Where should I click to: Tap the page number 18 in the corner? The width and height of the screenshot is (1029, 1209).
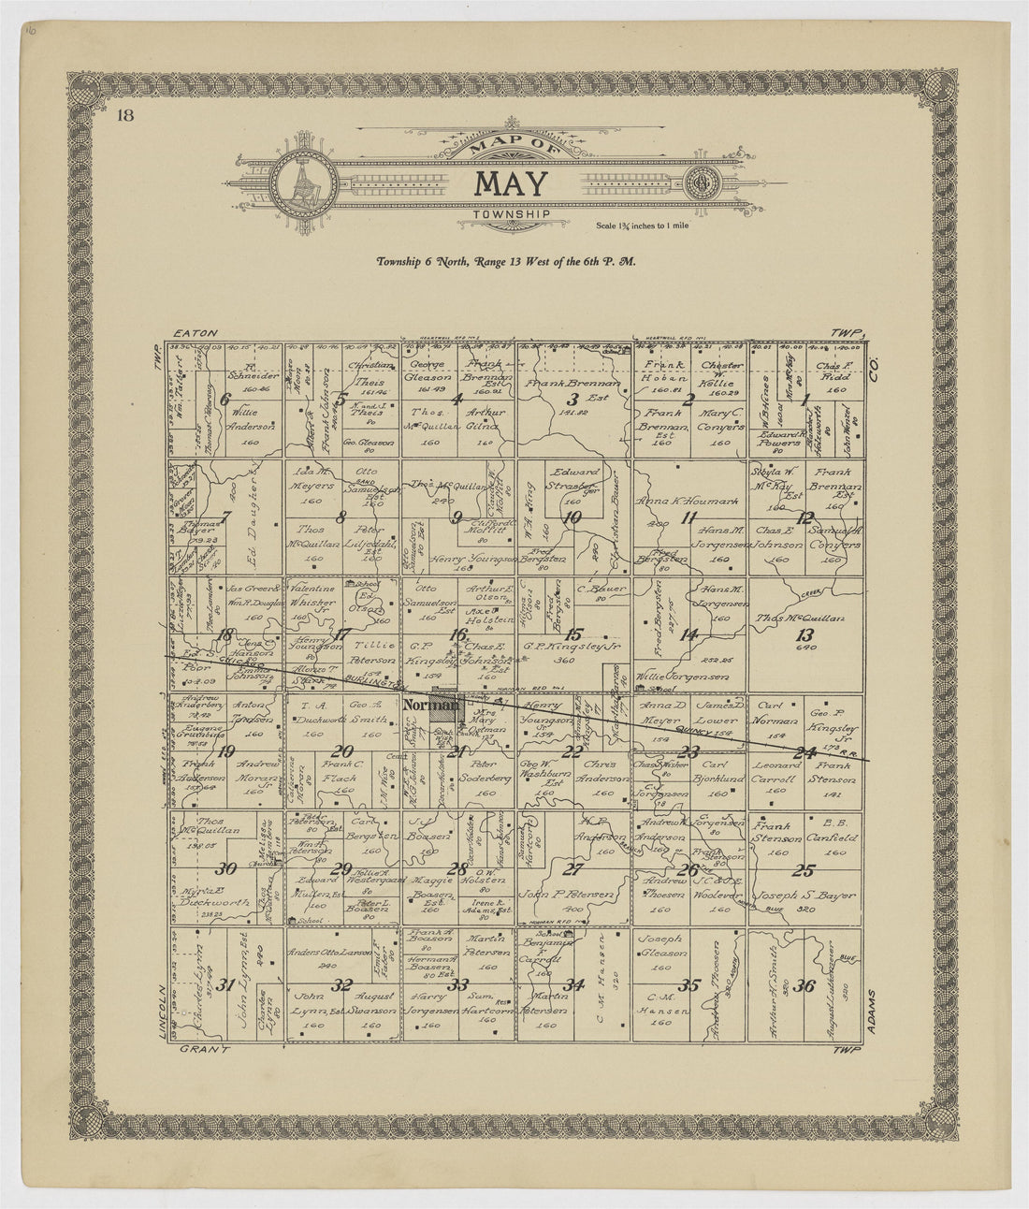[124, 116]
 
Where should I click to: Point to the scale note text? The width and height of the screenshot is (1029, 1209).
[643, 226]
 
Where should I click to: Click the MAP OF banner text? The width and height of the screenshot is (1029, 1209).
[512, 145]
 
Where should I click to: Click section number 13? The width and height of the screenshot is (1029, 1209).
[804, 635]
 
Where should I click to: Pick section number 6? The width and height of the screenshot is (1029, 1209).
[225, 398]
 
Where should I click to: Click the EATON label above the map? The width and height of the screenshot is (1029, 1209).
[195, 333]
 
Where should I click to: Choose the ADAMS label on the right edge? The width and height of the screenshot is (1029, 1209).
[876, 1011]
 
